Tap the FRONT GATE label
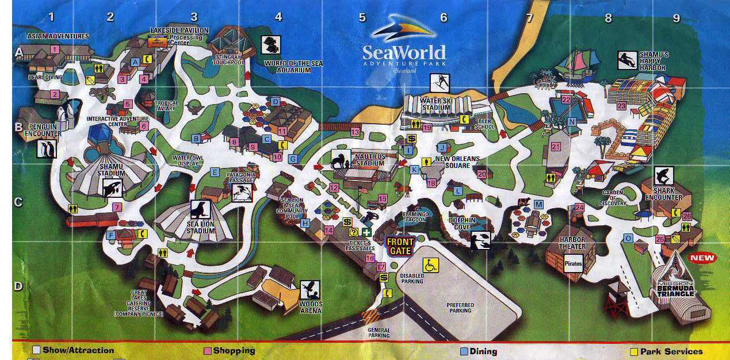400,247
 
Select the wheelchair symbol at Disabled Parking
431,265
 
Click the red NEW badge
702,258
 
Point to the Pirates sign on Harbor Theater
573,264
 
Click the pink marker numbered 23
621,106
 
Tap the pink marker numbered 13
355,132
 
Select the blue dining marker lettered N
571,121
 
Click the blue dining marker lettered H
305,223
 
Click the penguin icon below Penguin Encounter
46,149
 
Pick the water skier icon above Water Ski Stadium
440,83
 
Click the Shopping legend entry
230,350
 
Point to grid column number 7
529,18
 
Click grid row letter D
18,285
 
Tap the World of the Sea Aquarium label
287,66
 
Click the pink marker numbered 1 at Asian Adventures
55,49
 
